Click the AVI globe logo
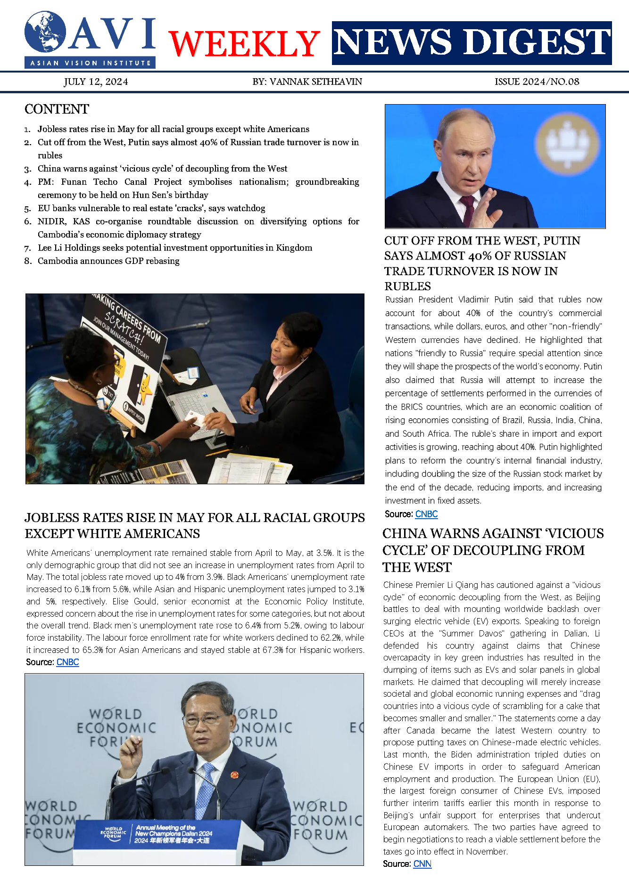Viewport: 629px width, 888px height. pyautogui.click(x=45, y=32)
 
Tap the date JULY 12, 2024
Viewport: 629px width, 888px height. pyautogui.click(x=96, y=82)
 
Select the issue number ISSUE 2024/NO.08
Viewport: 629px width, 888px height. pyautogui.click(x=537, y=82)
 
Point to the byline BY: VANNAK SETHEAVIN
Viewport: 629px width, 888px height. pyautogui.click(x=307, y=82)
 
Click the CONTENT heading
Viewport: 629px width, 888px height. pyautogui.click(x=57, y=109)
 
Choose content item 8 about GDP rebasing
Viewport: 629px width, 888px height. pyautogui.click(x=108, y=261)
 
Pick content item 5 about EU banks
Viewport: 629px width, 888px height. pyautogui.click(x=151, y=208)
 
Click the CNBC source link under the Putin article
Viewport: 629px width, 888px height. pyautogui.click(x=426, y=514)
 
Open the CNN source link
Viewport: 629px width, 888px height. pyautogui.click(x=422, y=864)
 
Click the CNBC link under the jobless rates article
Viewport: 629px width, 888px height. pyautogui.click(x=67, y=662)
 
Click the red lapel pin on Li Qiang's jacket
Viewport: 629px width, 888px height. pyautogui.click(x=234, y=774)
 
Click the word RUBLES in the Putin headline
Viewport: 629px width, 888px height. pyautogui.click(x=407, y=286)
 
